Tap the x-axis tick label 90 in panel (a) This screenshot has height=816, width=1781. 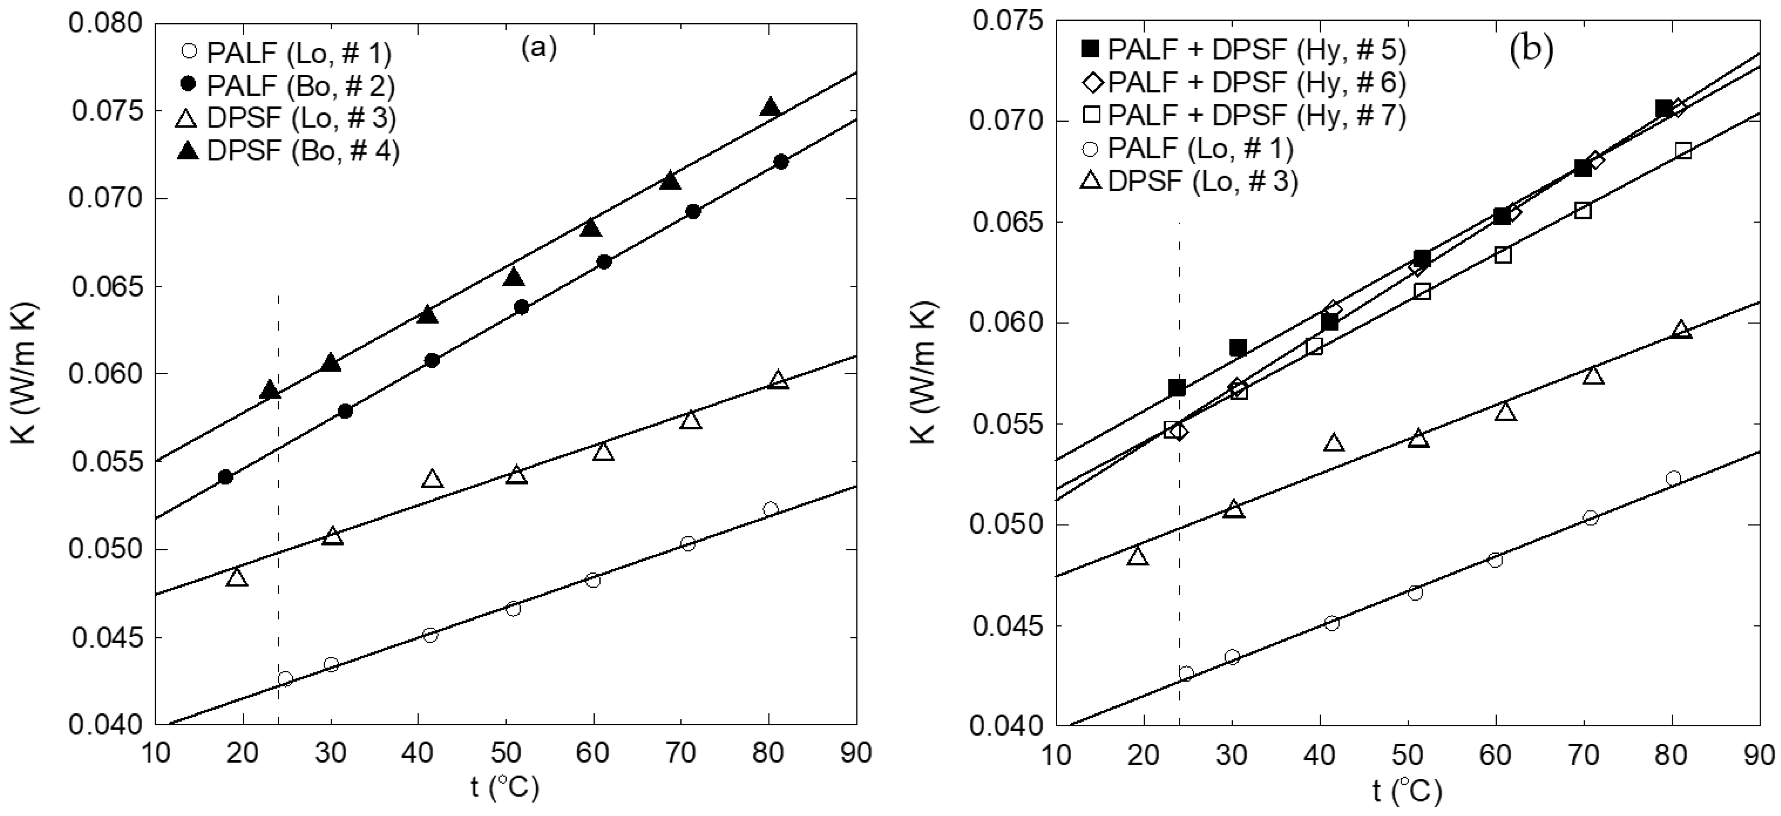click(856, 752)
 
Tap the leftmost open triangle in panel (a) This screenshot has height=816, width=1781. click(237, 577)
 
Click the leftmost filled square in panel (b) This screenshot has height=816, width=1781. click(1177, 387)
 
